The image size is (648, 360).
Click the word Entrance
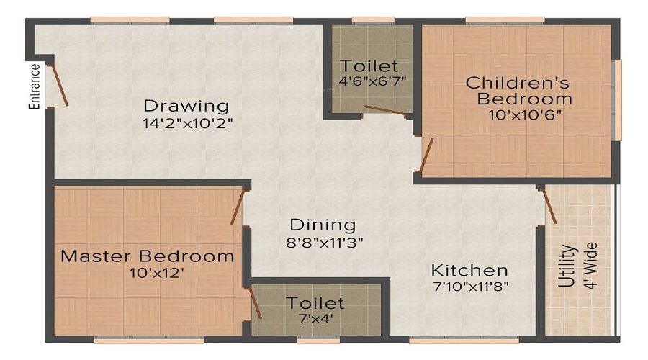[x=34, y=86]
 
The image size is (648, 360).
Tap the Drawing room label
[x=185, y=105]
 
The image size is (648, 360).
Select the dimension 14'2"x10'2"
[x=188, y=122]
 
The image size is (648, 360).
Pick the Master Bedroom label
[x=147, y=256]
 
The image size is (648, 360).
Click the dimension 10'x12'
[x=148, y=273]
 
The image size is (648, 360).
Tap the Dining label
[x=323, y=225]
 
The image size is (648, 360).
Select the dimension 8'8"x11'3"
[x=323, y=243]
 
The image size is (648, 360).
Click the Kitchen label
[x=469, y=271]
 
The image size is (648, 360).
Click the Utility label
[x=569, y=266]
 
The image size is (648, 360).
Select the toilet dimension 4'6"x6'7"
[x=369, y=81]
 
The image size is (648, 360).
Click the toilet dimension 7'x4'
[x=315, y=318]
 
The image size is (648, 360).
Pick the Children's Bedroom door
[x=426, y=156]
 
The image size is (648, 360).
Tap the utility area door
[x=548, y=206]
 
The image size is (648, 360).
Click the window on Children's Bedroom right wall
[x=617, y=100]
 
